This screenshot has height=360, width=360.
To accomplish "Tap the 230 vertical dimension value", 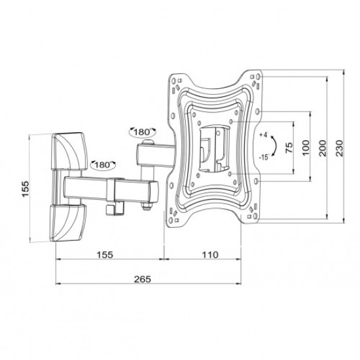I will click(338, 149).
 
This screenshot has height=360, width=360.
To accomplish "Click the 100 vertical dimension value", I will click(306, 149).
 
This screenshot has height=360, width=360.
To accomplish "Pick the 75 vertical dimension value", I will click(289, 149).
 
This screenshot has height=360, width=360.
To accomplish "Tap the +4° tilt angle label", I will click(264, 135).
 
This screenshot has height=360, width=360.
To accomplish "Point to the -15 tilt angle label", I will click(263, 157).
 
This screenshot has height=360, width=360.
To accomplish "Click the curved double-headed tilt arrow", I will click(275, 145).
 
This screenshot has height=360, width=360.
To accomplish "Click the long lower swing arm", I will click(111, 190).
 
